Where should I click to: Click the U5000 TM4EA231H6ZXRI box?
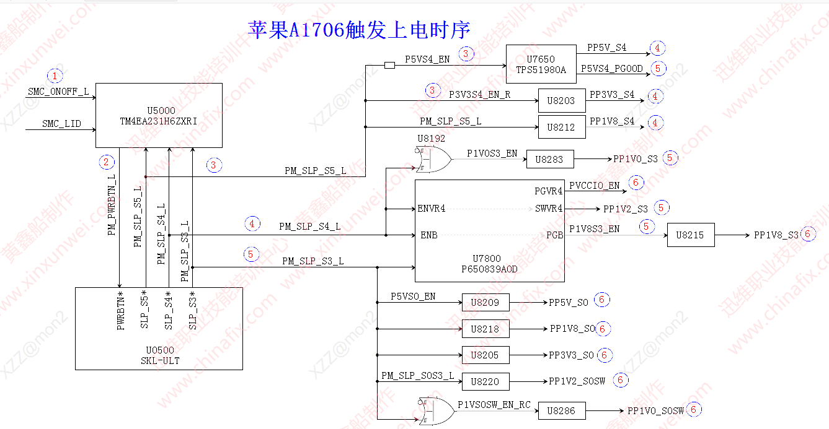coord(159,116)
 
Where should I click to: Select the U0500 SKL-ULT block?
coord(159,328)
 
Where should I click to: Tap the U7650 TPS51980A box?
coord(541,64)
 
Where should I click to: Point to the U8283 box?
coord(550,159)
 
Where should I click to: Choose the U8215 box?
coord(690,235)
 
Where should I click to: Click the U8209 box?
coord(485,302)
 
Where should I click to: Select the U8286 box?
coord(561,410)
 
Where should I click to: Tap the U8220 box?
coord(485,381)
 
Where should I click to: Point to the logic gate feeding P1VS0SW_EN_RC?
coord(436,410)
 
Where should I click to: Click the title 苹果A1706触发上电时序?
coord(359,29)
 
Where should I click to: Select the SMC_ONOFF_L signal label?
coord(58,92)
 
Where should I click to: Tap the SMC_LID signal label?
coord(61,124)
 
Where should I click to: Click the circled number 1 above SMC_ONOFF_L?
coord(56,76)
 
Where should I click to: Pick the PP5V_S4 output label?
coord(606,48)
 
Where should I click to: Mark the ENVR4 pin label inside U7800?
coord(432,209)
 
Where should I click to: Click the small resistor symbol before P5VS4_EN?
coord(390,65)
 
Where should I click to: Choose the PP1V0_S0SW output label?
coord(655,410)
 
